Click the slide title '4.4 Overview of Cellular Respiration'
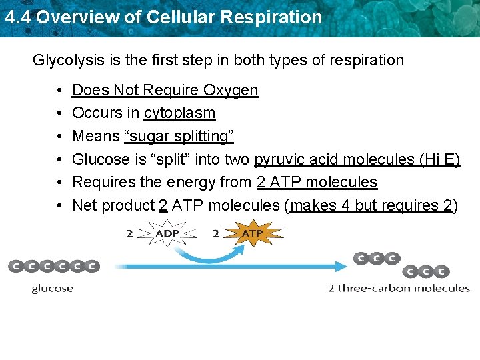(x=163, y=17)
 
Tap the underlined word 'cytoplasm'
(x=179, y=113)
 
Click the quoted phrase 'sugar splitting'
(x=179, y=136)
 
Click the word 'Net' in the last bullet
(x=84, y=205)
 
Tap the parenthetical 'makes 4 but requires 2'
(x=371, y=205)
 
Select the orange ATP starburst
(x=251, y=233)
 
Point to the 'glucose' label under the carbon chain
(x=53, y=288)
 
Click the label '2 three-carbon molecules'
(x=399, y=288)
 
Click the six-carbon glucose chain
(x=53, y=267)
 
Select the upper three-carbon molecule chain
(x=377, y=258)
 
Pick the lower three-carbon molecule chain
(x=425, y=271)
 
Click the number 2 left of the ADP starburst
(x=129, y=233)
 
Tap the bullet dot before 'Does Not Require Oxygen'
(x=60, y=90)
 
